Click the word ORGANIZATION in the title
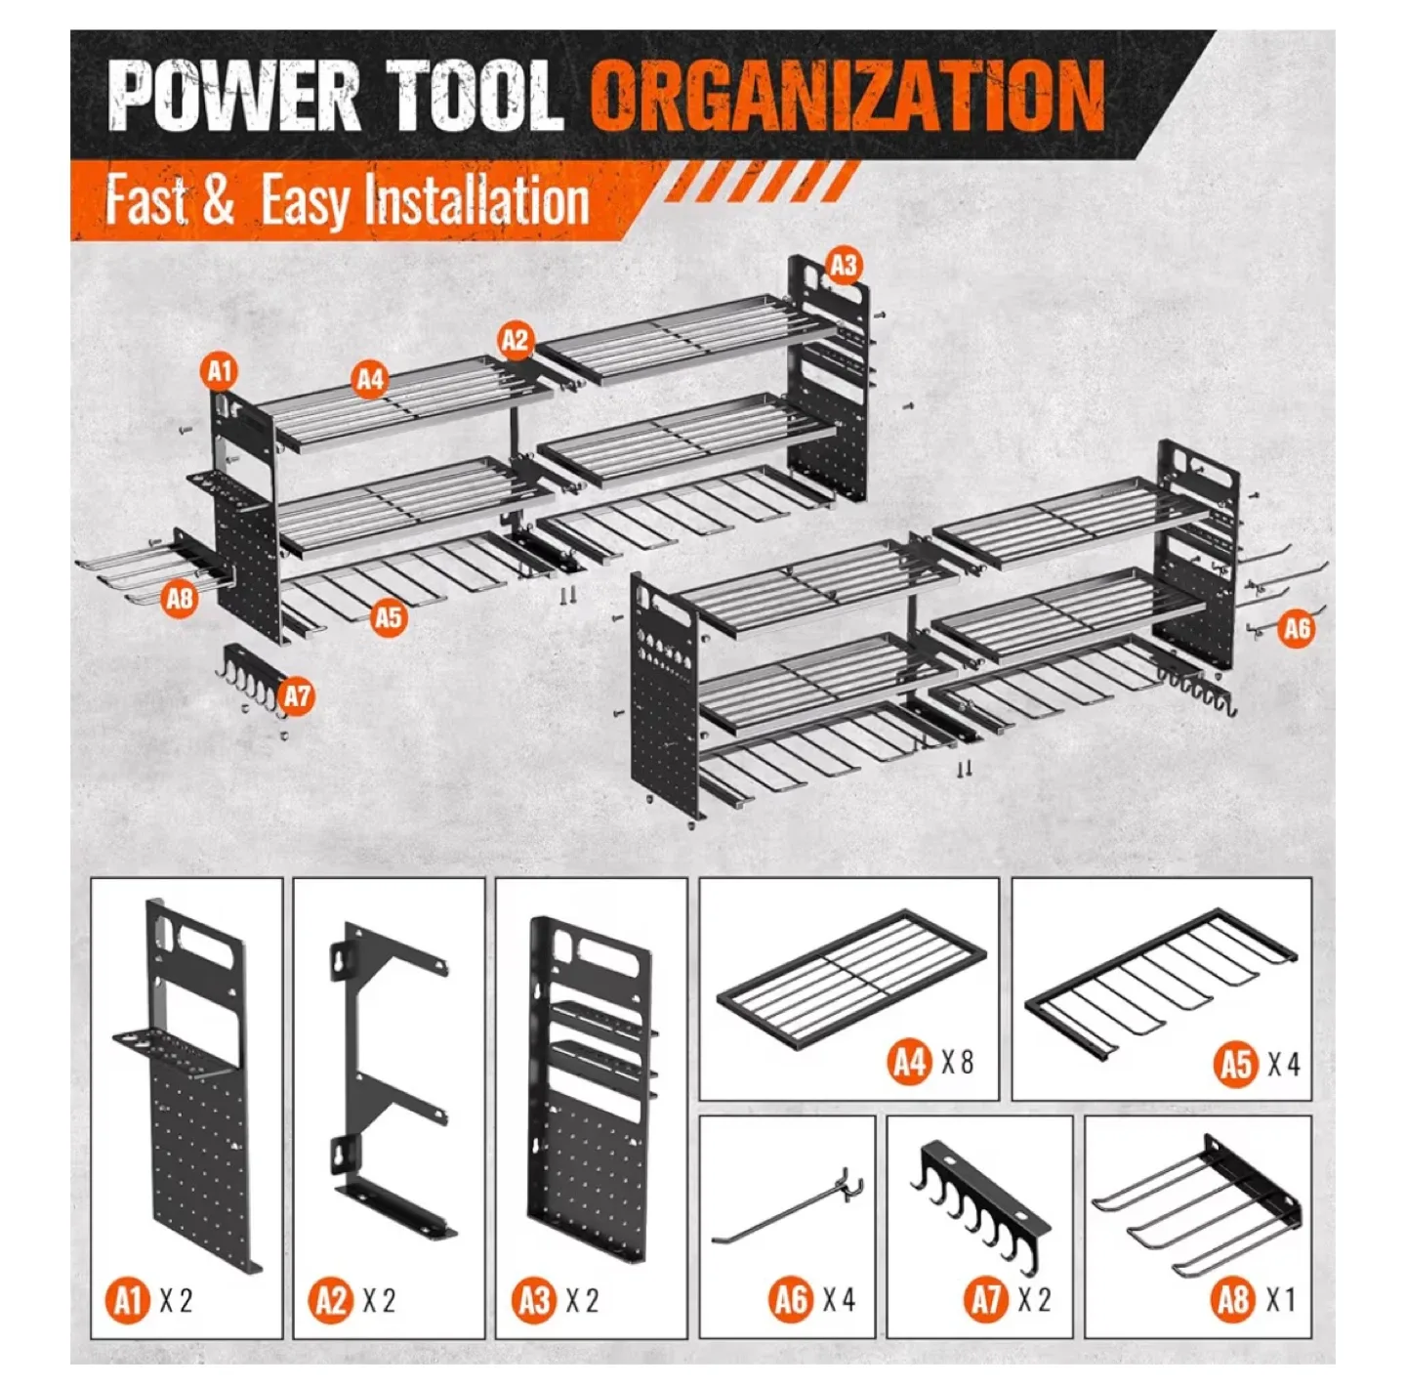pyautogui.click(x=847, y=95)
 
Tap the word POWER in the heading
pyautogui.click(x=234, y=96)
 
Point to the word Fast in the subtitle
pyautogui.click(x=146, y=199)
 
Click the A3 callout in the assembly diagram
pyautogui.click(x=844, y=266)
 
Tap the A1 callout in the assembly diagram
pyautogui.click(x=221, y=371)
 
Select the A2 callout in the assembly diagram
pyautogui.click(x=515, y=340)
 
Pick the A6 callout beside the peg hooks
pyautogui.click(x=1296, y=628)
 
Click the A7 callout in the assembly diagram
pyautogui.click(x=297, y=696)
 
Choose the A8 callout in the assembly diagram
pyautogui.click(x=180, y=598)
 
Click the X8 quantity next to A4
pyautogui.click(x=957, y=1062)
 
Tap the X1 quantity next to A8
pyautogui.click(x=1281, y=1300)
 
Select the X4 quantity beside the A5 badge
pyautogui.click(x=1283, y=1064)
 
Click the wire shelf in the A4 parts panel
pyautogui.click(x=850, y=978)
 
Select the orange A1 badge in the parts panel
pyautogui.click(x=128, y=1301)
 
